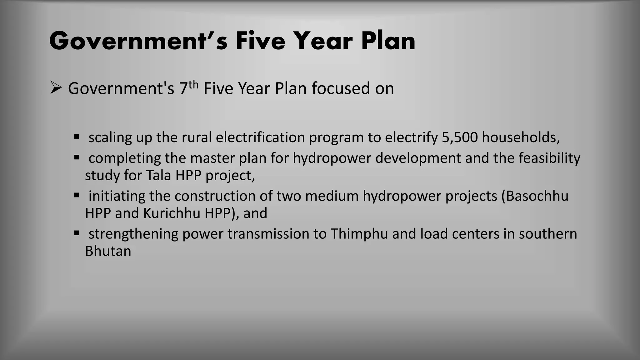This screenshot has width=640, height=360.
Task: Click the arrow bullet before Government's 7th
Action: click(x=56, y=88)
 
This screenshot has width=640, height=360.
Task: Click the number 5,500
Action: click(x=460, y=137)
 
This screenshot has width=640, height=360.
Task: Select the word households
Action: click(x=520, y=137)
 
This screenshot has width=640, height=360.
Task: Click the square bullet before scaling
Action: click(x=77, y=136)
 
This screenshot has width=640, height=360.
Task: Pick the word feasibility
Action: click(x=549, y=158)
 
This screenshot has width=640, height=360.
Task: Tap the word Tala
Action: click(x=158, y=175)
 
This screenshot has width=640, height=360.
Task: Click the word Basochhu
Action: click(x=537, y=196)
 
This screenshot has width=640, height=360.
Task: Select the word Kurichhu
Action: click(x=172, y=213)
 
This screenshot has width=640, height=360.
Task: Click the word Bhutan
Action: click(x=108, y=251)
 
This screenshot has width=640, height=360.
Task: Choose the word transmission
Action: click(x=268, y=234)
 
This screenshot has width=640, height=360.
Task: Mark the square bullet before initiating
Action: click(x=77, y=195)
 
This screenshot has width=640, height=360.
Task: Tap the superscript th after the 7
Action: click(x=194, y=84)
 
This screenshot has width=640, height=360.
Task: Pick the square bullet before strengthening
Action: click(x=77, y=233)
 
